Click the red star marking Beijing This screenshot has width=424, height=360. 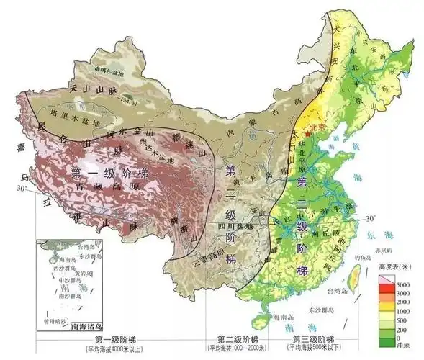point(307,134)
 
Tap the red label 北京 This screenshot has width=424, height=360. point(319,133)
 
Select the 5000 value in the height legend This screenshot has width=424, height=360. point(405,278)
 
